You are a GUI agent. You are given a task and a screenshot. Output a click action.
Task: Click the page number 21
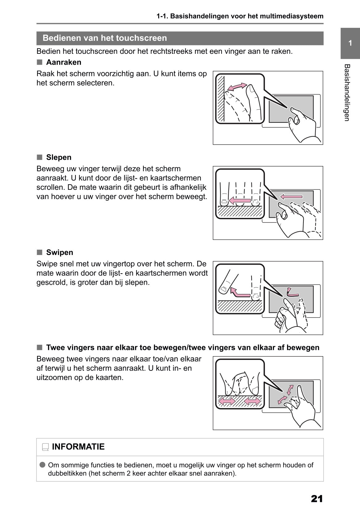tap(317, 499)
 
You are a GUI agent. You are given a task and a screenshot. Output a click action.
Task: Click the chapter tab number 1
tap(350, 43)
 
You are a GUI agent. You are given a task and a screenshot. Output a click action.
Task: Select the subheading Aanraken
tap(64, 62)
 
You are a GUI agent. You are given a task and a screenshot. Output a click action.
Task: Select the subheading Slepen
tap(59, 157)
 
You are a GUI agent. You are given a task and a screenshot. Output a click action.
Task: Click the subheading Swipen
tap(60, 253)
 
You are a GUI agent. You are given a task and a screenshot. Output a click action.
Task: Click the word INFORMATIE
tap(78, 447)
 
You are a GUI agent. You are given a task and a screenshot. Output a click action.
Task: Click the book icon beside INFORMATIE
tap(45, 447)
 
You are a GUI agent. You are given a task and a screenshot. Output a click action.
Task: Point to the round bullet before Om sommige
tap(43, 465)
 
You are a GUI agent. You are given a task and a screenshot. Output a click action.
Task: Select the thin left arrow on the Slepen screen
tap(291, 197)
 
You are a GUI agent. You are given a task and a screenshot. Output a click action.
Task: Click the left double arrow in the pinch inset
tap(227, 401)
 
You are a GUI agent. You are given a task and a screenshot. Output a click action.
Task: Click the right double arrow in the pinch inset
tap(252, 401)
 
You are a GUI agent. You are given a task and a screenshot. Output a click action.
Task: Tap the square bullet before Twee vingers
tap(39, 347)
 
